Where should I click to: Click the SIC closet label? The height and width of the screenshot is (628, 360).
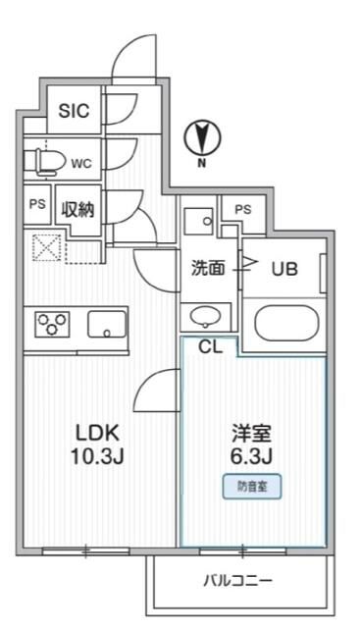[x=74, y=111]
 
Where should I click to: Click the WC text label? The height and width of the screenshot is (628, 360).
[x=80, y=162]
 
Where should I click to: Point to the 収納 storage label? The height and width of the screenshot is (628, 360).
[x=78, y=209]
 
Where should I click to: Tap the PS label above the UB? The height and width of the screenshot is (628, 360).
[x=242, y=209]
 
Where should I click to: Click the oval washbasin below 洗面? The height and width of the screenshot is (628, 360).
[x=206, y=316]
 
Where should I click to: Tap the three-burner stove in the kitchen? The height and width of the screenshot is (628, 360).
[x=50, y=324]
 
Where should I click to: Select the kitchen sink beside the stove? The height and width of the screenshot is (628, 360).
[x=107, y=324]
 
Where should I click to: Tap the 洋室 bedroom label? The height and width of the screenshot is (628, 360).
[x=250, y=433]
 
